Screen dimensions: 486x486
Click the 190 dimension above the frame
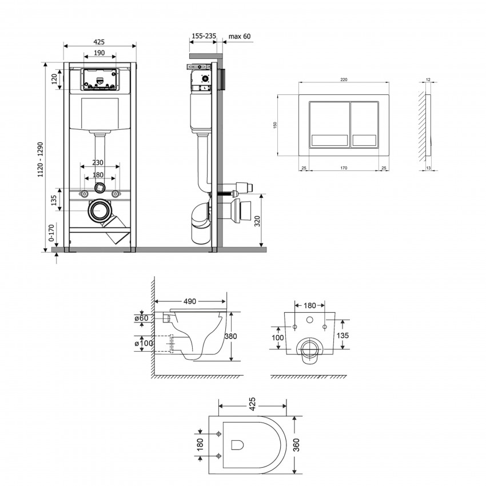(99, 53)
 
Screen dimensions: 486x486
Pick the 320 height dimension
(257, 221)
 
